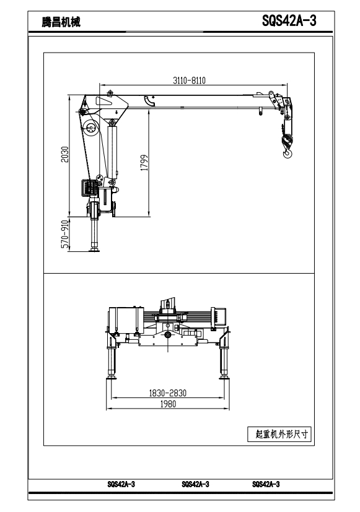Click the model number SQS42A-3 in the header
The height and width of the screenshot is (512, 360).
(x=289, y=21)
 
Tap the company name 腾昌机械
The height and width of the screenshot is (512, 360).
(x=61, y=22)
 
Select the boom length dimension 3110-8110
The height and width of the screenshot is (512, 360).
(x=189, y=80)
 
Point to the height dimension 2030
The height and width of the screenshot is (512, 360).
(x=65, y=154)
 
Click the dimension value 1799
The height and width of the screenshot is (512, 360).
(x=144, y=162)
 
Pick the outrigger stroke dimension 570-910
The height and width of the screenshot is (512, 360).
(x=65, y=234)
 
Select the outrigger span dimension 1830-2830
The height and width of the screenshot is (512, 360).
(x=167, y=393)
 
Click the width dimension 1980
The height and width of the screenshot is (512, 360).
(x=168, y=404)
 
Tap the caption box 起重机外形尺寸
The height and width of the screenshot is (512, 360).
(x=279, y=434)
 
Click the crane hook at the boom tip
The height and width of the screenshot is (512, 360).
(x=288, y=152)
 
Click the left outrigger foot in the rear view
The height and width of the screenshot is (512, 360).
(x=112, y=378)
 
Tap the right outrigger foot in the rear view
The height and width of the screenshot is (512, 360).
(x=224, y=378)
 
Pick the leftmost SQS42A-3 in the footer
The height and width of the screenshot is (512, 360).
(x=121, y=484)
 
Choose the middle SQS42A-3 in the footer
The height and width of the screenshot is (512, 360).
(x=195, y=484)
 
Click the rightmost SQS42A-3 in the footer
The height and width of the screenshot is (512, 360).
(x=266, y=484)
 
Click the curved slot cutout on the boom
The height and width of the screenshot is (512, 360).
(x=149, y=102)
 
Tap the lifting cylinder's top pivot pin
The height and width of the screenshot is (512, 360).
(x=112, y=123)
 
